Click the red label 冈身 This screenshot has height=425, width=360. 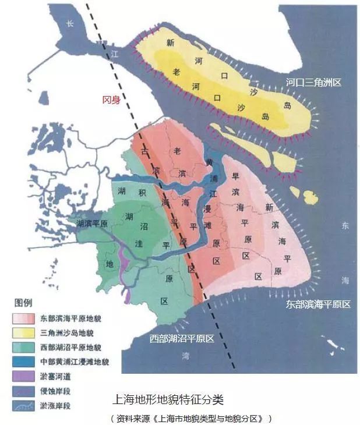tap(111, 100)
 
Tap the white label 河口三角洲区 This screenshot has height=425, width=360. tap(313, 83)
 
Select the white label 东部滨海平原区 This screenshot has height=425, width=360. tap(318, 304)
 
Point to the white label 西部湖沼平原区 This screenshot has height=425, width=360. tap(181, 338)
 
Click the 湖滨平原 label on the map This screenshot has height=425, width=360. tap(92, 224)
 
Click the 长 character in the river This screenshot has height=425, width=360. tap(70, 24)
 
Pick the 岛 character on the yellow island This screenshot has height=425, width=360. tap(286, 105)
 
